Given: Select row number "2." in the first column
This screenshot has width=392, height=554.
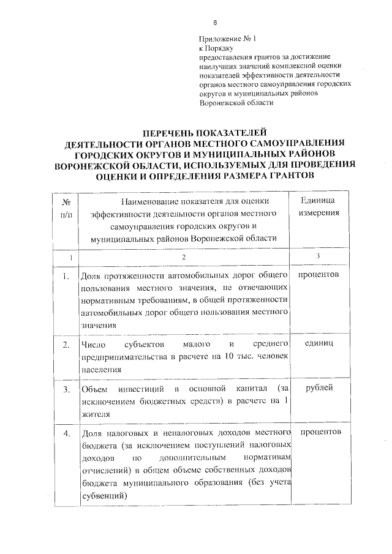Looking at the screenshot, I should [x=66, y=346].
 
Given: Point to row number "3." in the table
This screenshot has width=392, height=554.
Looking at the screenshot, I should [x=66, y=389].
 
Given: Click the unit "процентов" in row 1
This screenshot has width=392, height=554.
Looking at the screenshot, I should [x=318, y=275].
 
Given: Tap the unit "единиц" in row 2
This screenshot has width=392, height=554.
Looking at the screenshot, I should [x=318, y=345].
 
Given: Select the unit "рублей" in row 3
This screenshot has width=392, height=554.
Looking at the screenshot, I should [x=318, y=389].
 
